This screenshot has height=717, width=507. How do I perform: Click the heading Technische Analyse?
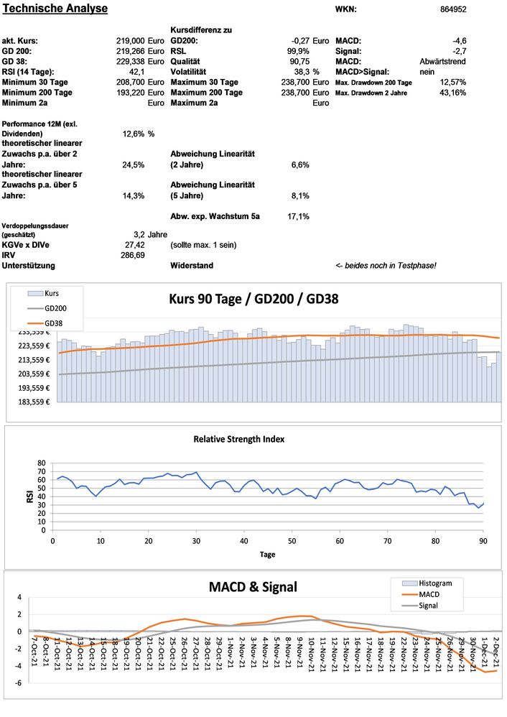pyautogui.click(x=56, y=9)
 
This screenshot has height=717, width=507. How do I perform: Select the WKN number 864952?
pyautogui.click(x=453, y=10)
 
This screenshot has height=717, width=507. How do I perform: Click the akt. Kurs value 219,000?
pyautogui.click(x=131, y=41)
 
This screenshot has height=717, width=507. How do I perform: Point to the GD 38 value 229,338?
pyautogui.click(x=131, y=62)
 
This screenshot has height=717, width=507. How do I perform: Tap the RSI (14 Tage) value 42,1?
pyautogui.click(x=137, y=72)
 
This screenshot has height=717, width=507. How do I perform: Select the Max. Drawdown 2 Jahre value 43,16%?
pyautogui.click(x=453, y=93)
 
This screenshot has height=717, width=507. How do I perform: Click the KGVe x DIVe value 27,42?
pyautogui.click(x=135, y=245)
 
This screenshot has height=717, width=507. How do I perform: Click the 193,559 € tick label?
pyautogui.click(x=33, y=388)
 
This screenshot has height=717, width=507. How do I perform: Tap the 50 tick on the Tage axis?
pyautogui.click(x=292, y=540)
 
